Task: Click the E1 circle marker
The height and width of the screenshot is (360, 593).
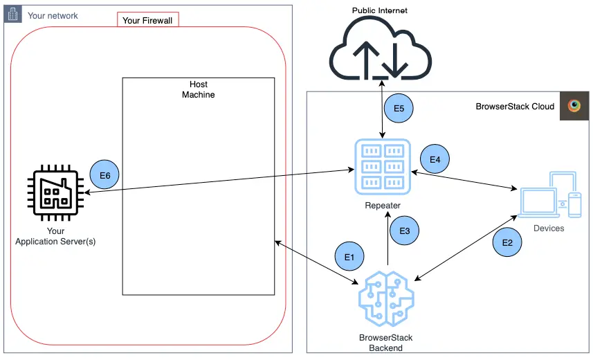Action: pyautogui.click(x=349, y=256)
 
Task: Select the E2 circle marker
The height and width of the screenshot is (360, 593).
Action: pyautogui.click(x=507, y=242)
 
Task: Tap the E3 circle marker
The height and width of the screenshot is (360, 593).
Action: pyautogui.click(x=405, y=230)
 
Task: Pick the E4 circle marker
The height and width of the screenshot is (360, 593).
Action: pyautogui.click(x=435, y=159)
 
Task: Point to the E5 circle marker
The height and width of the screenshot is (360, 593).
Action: pyautogui.click(x=399, y=109)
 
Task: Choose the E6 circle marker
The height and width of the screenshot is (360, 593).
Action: pyautogui.click(x=105, y=176)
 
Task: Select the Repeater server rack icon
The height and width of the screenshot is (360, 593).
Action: pyautogui.click(x=383, y=166)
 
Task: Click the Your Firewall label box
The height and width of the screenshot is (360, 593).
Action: pyautogui.click(x=148, y=20)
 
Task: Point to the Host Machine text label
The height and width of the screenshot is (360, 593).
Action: pyautogui.click(x=199, y=89)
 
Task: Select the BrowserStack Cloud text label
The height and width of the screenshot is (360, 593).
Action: pyautogui.click(x=515, y=107)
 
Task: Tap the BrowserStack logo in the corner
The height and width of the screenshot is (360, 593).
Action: pyautogui.click(x=574, y=106)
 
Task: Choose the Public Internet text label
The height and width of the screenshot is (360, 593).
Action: pyautogui.click(x=380, y=10)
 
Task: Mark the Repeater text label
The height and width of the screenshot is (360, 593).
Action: pyautogui.click(x=382, y=206)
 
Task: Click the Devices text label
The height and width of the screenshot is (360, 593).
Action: pyautogui.click(x=549, y=228)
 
